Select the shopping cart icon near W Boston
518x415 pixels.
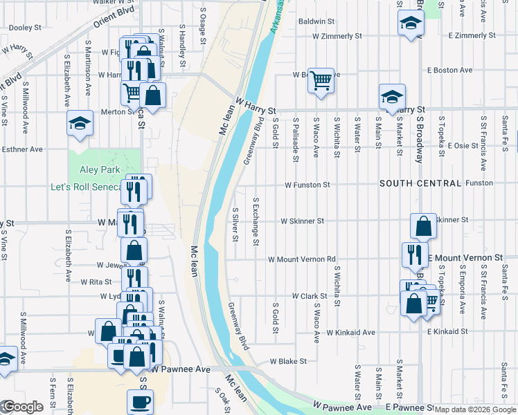(321, 81)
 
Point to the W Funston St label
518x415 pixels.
(307, 185)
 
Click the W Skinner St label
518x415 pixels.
(302, 221)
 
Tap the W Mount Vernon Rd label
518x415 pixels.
(301, 259)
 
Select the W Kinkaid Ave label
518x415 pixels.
(350, 333)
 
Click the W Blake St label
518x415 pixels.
(288, 361)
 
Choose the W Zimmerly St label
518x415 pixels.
(337, 35)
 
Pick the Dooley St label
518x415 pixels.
(26, 28)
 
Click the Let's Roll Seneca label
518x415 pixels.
(86, 187)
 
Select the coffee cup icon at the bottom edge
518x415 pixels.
(140, 401)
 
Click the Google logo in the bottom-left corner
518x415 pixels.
(22, 407)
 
